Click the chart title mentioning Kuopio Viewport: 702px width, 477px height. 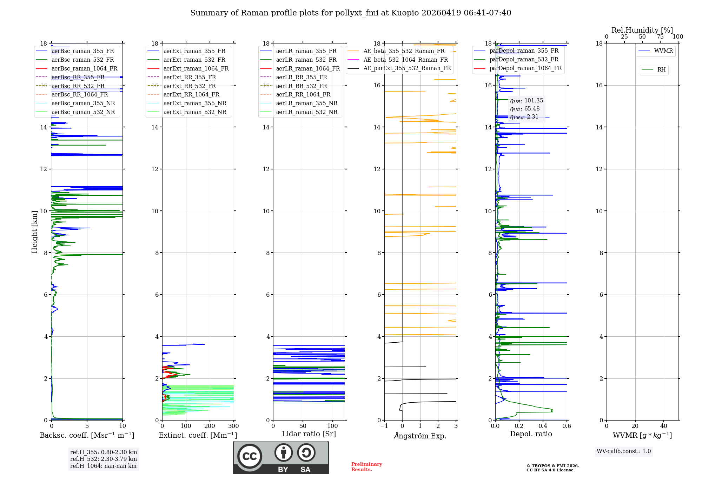click(x=351, y=13)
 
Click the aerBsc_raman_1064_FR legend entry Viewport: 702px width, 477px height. click(x=84, y=68)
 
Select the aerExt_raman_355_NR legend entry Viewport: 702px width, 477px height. click(x=195, y=103)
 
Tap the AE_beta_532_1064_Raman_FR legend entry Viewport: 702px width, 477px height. click(x=405, y=60)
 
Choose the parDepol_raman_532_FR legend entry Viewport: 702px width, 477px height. click(x=524, y=59)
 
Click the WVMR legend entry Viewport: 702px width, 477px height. click(x=663, y=51)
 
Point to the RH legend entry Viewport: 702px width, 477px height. click(x=661, y=70)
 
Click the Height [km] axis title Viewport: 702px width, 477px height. click(x=34, y=232)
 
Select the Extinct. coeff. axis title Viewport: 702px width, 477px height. click(x=198, y=435)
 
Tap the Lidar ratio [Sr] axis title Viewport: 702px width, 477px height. click(x=309, y=434)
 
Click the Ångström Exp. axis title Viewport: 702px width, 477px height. click(x=420, y=436)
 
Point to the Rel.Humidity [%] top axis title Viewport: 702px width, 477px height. click(x=642, y=30)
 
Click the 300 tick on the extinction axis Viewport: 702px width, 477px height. click(x=233, y=426)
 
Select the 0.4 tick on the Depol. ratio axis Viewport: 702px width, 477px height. click(x=543, y=426)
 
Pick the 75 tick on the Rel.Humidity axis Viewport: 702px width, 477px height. click(x=660, y=37)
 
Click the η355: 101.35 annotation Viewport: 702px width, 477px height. click(x=526, y=101)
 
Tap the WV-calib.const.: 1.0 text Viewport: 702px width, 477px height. click(x=624, y=451)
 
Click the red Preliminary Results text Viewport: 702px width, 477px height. click(x=366, y=467)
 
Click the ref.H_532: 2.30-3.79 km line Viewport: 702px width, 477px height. click(x=104, y=459)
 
